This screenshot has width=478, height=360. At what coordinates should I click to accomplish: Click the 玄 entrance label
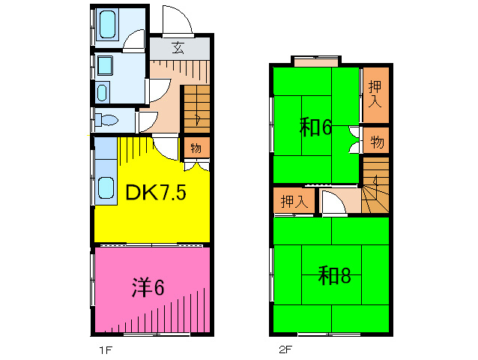point(178,47)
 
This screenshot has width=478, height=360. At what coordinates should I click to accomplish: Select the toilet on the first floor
point(107,119)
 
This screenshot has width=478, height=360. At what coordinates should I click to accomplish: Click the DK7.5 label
point(156,193)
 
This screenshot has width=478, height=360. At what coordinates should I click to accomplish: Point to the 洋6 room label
point(148,286)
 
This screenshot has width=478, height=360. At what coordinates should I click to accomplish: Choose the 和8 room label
point(334,276)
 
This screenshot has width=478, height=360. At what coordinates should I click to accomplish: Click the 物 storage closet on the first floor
point(196,148)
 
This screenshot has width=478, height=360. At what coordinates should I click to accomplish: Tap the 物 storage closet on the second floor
point(376,140)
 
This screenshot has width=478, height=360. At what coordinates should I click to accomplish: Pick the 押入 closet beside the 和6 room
point(375,95)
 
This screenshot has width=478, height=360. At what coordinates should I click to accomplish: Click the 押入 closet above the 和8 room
point(293,201)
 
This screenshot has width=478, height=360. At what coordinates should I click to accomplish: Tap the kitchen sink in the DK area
point(106,188)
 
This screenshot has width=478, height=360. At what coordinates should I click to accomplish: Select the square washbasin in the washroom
point(104,67)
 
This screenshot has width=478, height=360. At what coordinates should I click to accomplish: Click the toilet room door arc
point(147,119)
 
